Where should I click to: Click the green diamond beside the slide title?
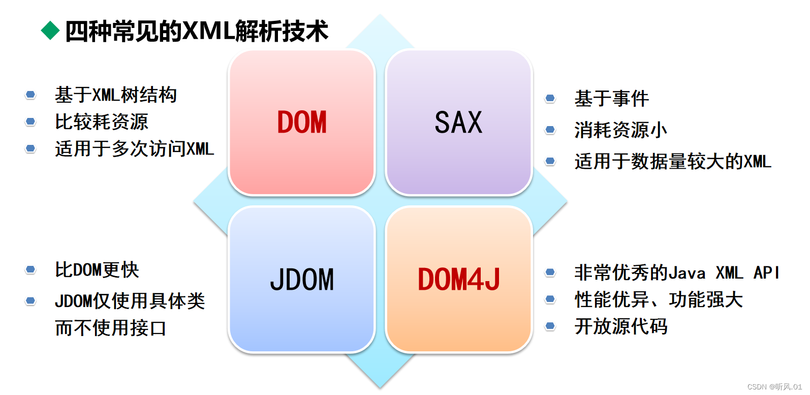(50, 31)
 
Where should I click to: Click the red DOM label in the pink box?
(302, 123)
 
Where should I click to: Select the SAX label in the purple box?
(458, 123)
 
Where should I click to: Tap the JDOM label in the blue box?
(302, 280)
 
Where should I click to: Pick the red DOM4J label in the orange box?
(458, 280)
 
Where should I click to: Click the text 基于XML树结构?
(116, 95)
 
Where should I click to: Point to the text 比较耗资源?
(102, 122)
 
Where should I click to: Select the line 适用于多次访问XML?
(135, 149)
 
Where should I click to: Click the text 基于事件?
(612, 99)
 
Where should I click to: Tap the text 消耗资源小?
(620, 130)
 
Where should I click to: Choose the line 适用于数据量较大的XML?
(673, 162)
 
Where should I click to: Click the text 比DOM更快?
(97, 270)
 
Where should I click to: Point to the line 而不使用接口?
(111, 328)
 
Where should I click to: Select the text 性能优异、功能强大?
(659, 300)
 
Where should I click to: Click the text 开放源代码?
(621, 326)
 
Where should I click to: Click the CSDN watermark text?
(774, 387)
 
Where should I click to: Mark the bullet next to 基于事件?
(550, 99)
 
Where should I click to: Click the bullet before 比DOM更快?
(30, 270)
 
